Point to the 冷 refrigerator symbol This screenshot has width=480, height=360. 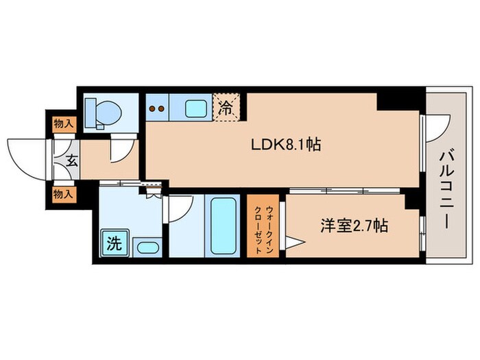coord(226,108)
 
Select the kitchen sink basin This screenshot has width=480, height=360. coord(195,108)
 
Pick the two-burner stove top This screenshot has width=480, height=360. coord(157,108)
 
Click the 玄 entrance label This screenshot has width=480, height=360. coord(71,161)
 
